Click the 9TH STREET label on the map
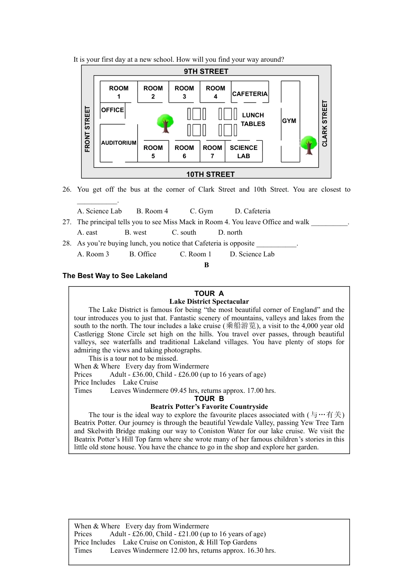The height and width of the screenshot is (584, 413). click(206, 71)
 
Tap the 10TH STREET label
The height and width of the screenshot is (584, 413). click(210, 174)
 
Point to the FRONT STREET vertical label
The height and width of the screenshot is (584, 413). click(87, 129)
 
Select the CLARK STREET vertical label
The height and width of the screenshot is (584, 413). click(324, 123)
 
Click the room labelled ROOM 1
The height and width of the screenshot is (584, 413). click(119, 92)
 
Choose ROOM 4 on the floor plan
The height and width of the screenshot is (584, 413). click(215, 92)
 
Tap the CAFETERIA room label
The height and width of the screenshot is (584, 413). click(250, 94)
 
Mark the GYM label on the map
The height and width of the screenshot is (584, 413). click(289, 121)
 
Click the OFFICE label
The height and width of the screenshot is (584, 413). click(113, 110)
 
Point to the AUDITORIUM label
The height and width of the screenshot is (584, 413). click(119, 143)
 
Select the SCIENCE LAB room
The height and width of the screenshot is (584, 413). click(243, 152)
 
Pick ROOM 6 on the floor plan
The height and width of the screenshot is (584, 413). click(184, 152)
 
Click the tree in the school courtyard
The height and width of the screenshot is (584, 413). click(165, 123)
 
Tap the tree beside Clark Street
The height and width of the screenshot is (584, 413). click(309, 145)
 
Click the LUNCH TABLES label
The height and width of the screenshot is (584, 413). click(253, 119)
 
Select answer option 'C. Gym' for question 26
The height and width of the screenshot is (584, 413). click(201, 211)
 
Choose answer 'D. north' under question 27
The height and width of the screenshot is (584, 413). click(230, 232)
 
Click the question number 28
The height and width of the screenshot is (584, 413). click(67, 243)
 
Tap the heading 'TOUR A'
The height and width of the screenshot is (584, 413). click(209, 293)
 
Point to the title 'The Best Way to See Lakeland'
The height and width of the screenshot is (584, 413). click(115, 275)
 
